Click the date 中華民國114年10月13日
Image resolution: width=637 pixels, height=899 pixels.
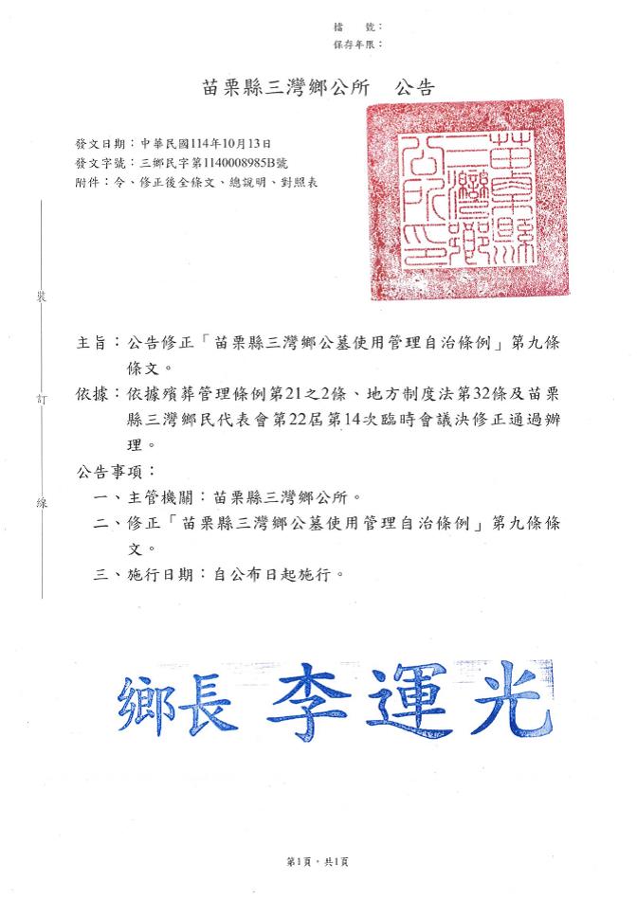tap(206, 144)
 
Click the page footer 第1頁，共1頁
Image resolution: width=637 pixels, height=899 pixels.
tap(317, 862)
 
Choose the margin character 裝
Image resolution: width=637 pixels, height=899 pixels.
tap(41, 297)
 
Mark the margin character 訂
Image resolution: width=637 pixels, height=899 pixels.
tap(41, 400)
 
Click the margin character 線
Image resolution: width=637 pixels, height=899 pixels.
tap(41, 503)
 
